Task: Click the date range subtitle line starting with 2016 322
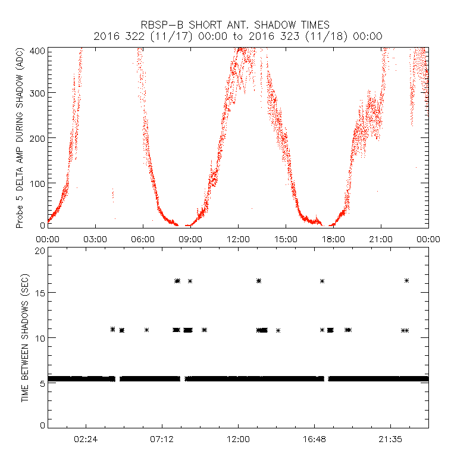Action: [238, 36]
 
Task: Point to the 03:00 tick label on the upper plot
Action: [95, 239]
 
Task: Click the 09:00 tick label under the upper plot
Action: [190, 239]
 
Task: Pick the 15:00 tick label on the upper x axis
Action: [286, 239]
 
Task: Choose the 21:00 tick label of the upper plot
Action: [381, 239]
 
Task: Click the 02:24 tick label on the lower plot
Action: [86, 439]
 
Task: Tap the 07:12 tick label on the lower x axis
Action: [162, 439]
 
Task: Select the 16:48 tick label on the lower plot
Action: [314, 439]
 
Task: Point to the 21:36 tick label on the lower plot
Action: [390, 439]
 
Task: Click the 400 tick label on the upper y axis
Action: [38, 51]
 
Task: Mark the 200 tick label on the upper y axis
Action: [38, 138]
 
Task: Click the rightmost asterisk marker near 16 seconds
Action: [407, 281]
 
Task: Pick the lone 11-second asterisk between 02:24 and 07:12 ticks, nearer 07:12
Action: [146, 330]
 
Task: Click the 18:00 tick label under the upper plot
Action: [333, 239]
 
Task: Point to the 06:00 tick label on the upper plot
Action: [143, 239]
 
